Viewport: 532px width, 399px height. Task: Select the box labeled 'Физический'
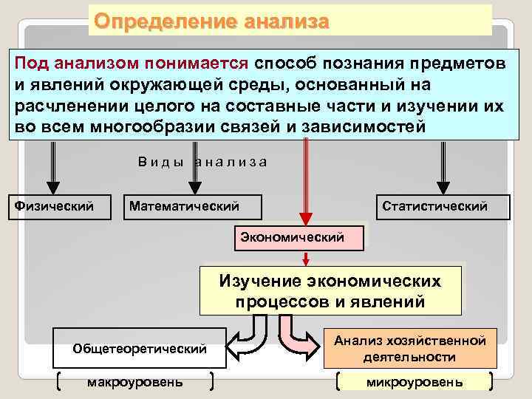(x=55, y=206)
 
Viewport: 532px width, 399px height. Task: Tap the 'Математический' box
(x=184, y=206)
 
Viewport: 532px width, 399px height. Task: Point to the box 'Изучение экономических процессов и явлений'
(x=330, y=291)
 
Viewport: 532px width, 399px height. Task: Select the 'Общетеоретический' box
(x=140, y=348)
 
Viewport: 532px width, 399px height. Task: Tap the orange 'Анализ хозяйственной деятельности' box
(x=409, y=348)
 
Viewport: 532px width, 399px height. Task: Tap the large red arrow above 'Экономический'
(x=303, y=185)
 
